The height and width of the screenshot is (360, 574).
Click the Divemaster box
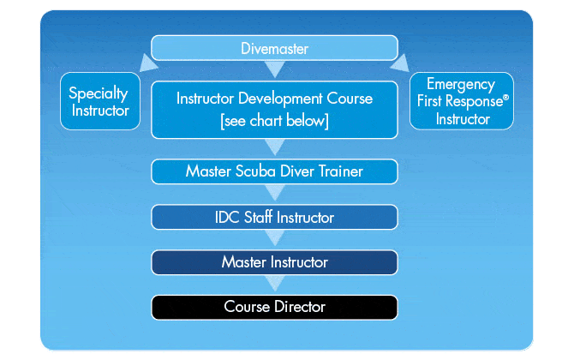coord(275,48)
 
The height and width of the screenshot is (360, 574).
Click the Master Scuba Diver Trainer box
coord(275,171)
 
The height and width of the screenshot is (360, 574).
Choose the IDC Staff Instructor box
coord(275,217)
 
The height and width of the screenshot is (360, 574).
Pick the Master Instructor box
coord(275,261)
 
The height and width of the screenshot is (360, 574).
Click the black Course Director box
coord(275,306)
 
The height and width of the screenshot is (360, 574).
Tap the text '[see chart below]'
coord(274,120)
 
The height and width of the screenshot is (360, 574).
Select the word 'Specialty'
coord(99,93)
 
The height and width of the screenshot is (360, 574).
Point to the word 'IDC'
coord(229,217)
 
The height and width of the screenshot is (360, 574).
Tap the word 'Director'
coord(299,306)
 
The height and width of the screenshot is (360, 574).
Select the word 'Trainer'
coord(338,171)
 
